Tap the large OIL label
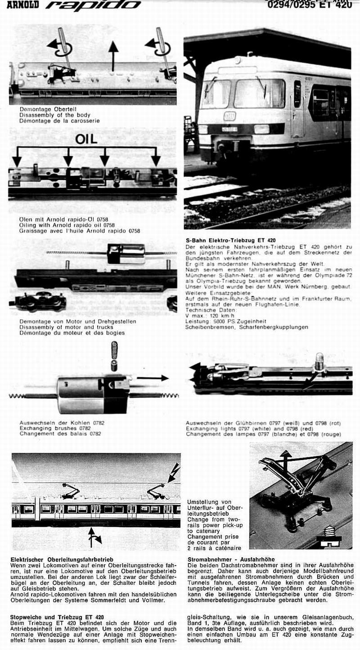pos(86,139)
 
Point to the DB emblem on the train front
pos(229,116)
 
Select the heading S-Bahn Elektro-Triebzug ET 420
pos(230,241)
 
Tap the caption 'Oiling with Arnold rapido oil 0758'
pos(67,225)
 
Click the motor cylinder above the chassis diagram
pos(126,254)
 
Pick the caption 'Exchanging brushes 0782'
pos(55,428)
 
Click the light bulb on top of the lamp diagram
pos(320,361)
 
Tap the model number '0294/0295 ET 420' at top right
pos(309,5)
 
